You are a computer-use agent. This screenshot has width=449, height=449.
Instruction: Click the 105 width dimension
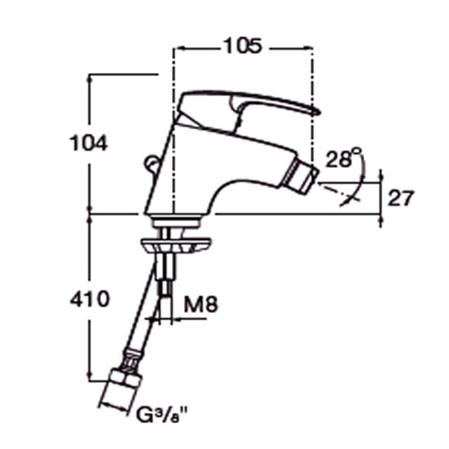click(x=243, y=46)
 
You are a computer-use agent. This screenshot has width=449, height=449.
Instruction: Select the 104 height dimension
click(x=89, y=143)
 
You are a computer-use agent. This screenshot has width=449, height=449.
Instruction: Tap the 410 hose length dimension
click(x=90, y=300)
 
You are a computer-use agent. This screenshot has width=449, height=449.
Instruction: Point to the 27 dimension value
click(x=401, y=198)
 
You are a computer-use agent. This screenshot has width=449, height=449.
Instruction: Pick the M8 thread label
click(x=201, y=304)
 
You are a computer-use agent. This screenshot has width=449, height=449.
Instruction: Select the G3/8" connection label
click(x=162, y=415)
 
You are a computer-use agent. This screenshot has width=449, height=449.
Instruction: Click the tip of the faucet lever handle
click(x=320, y=112)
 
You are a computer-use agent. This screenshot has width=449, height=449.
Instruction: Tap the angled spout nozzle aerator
click(x=300, y=177)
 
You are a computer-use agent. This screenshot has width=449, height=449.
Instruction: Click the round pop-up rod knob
click(x=152, y=164)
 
